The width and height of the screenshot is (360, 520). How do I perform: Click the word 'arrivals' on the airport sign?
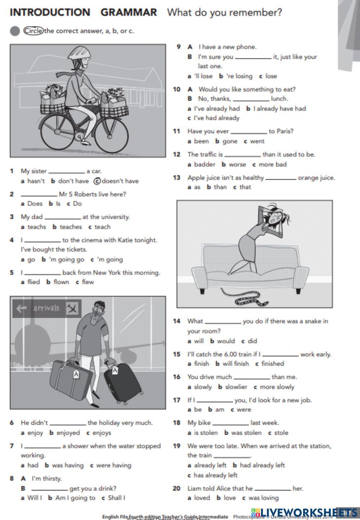[46, 308]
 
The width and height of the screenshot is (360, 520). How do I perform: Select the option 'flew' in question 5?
[87, 282]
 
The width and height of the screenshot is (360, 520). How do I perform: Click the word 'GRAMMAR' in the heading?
[129, 13]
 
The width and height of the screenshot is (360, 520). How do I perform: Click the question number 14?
[176, 321]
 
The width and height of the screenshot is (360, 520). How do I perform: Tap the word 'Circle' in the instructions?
[33, 31]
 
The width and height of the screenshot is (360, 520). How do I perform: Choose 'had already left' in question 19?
[262, 465]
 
